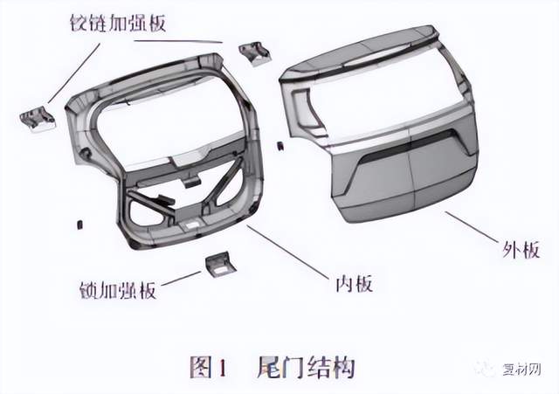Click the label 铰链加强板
pos(118,24)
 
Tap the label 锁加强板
pos(118,290)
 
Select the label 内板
pos(355,284)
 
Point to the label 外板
pos(521,249)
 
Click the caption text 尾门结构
pos(306,367)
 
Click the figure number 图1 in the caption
pos(209,367)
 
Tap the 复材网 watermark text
pos(522,369)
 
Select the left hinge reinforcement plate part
pos(38,119)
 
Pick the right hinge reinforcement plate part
pos(254,53)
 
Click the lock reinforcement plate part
pos(220,265)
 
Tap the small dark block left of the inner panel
pos(79,225)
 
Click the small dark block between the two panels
pos(280,146)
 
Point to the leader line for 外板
pos(472,227)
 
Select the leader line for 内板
pos(286,252)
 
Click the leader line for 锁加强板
pos(181,278)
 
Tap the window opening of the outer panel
pos(385,94)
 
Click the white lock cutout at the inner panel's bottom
pos(191,225)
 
